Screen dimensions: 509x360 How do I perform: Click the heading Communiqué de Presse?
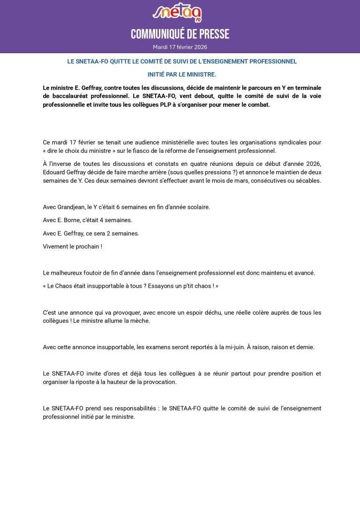[180, 35]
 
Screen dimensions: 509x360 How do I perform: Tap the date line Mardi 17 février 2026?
[180, 47]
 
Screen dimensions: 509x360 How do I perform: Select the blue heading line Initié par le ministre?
[182, 75]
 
